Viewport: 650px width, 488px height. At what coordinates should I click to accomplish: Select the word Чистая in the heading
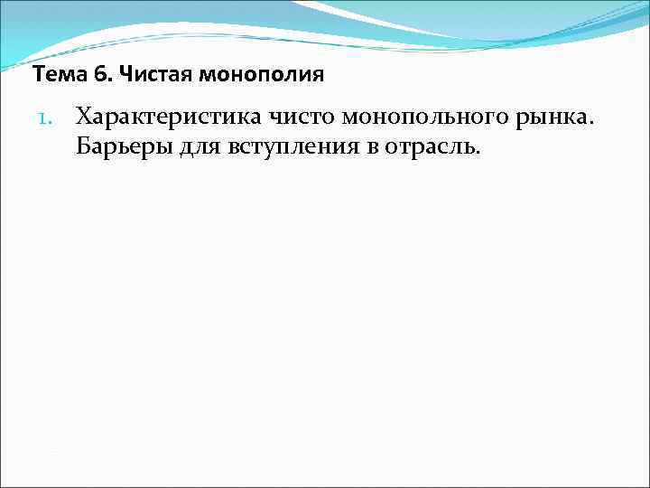[149, 74]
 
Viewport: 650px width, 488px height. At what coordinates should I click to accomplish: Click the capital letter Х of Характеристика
[84, 117]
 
